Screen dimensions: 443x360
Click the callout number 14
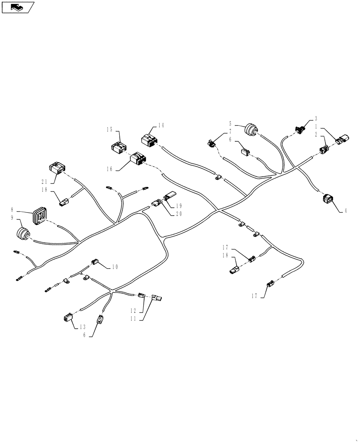pyautogui.click(x=160, y=125)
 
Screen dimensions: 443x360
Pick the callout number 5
pyautogui.click(x=231, y=124)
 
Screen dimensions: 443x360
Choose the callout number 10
pyautogui.click(x=115, y=267)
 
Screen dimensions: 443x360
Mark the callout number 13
pyautogui.click(x=82, y=327)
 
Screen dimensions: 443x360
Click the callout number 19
pyautogui.click(x=179, y=206)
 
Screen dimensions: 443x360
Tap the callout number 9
pyautogui.click(x=12, y=218)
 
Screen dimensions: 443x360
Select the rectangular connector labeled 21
pyautogui.click(x=57, y=168)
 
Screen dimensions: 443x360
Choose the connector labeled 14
pyautogui.click(x=149, y=140)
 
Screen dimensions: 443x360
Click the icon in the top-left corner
pyautogui.click(x=18, y=7)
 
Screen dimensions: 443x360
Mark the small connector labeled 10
pyautogui.click(x=94, y=262)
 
